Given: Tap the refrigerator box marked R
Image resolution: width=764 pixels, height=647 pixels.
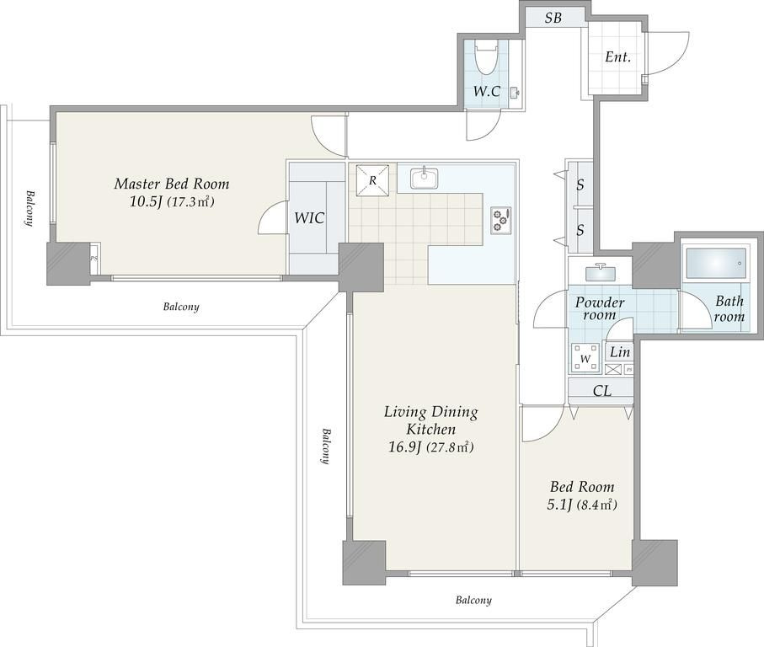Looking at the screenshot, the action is click(x=373, y=180).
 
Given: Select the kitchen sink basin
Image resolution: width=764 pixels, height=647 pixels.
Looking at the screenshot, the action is click(x=424, y=179).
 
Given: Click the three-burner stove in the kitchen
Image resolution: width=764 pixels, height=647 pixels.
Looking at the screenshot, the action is click(x=501, y=220).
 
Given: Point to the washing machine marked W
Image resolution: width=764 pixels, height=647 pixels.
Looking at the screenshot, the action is click(x=586, y=358).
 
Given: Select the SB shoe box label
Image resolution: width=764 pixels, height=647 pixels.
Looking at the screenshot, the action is click(x=553, y=19).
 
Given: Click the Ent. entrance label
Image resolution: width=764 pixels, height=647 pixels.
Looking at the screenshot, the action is click(x=617, y=57).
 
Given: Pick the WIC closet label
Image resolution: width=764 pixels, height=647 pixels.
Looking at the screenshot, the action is click(x=309, y=218).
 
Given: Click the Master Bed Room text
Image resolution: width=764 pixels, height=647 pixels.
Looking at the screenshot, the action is click(x=172, y=184).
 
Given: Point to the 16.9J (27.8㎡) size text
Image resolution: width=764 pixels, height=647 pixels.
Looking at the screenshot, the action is click(x=430, y=446).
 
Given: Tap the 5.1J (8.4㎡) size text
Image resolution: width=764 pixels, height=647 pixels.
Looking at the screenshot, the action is click(x=582, y=505).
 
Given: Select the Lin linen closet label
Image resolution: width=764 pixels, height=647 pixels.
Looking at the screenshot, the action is click(x=620, y=352).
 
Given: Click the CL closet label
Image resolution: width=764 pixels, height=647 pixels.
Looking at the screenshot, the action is click(x=602, y=391).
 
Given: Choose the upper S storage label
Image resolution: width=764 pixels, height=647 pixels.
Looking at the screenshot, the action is click(x=580, y=184).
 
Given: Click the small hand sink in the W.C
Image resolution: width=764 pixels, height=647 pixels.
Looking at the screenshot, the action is click(x=515, y=92).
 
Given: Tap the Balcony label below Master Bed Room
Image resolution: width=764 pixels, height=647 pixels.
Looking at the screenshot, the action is click(x=181, y=307).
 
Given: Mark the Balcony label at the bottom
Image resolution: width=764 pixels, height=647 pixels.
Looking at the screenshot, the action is click(x=473, y=600).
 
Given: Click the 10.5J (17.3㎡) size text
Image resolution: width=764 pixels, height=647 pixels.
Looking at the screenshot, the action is click(x=172, y=201).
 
